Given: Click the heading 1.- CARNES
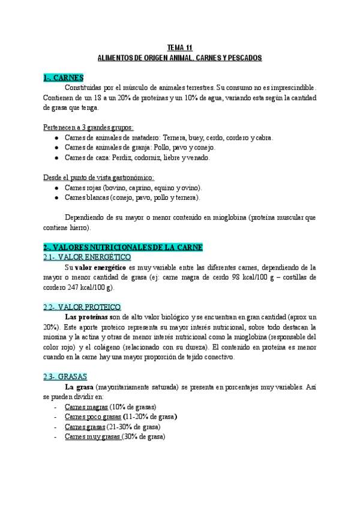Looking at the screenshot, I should pyautogui.click(x=63, y=78).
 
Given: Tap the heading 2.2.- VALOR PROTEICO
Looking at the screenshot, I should pyautogui.click(x=82, y=307).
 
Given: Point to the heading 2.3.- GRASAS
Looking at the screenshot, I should pyautogui.click(x=65, y=376).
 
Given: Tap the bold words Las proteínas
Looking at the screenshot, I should pyautogui.click(x=89, y=316).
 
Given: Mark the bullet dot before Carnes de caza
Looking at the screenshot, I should pyautogui.click(x=56, y=158).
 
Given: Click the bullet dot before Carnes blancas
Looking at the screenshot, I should pyautogui.click(x=56, y=197).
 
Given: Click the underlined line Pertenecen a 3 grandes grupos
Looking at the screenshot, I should pyautogui.click(x=88, y=127).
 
